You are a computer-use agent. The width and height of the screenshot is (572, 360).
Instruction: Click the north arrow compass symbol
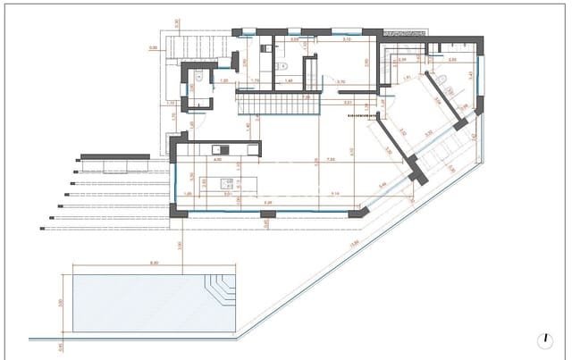pos(545,339)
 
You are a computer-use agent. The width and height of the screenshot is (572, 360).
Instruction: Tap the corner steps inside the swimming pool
pos(219,290)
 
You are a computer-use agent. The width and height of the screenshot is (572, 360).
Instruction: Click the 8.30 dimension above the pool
pos(154,263)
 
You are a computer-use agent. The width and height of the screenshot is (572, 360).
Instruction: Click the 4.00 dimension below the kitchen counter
pos(216,161)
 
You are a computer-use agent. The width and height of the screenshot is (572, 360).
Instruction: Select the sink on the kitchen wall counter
pos(215,147)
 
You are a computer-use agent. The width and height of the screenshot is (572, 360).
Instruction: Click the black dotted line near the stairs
pos(359,115)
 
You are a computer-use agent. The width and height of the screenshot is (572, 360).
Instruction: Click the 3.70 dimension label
pos(341,81)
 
